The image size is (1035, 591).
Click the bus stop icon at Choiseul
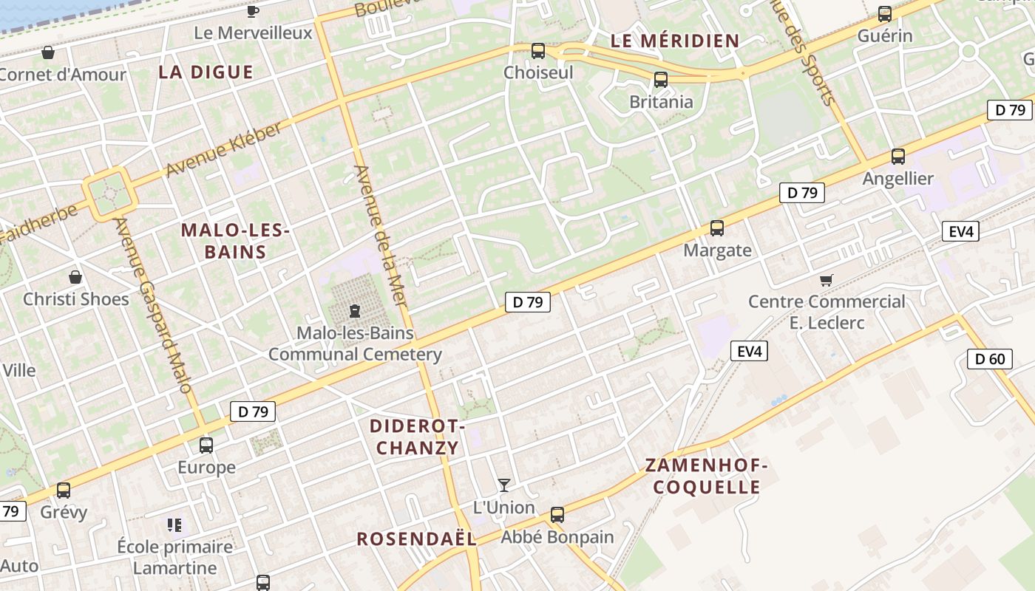[x=538, y=51]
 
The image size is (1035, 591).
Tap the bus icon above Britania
[x=661, y=80]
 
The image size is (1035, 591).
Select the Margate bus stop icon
[x=716, y=228]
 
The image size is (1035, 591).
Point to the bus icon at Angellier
[x=898, y=157]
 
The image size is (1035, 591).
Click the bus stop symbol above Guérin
[x=885, y=14]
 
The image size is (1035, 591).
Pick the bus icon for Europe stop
[x=206, y=445]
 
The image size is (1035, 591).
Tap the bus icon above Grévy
[x=64, y=491]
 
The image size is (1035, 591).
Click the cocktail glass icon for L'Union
[x=504, y=485]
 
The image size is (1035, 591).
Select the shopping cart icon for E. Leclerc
[x=827, y=280]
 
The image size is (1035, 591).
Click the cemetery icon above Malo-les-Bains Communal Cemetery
[x=355, y=311]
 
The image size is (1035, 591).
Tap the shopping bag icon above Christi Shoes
[x=75, y=278]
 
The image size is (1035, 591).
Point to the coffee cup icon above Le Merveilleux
[x=253, y=11]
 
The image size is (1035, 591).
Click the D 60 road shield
[x=989, y=360]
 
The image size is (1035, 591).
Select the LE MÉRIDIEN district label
[x=675, y=41]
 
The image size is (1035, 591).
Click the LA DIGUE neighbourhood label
[x=206, y=72]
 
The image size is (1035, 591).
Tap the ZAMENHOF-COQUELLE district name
[x=707, y=476]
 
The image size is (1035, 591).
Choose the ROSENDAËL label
[x=416, y=539]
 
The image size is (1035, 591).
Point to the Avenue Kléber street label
[x=223, y=150]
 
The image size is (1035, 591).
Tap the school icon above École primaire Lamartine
[x=174, y=525]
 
